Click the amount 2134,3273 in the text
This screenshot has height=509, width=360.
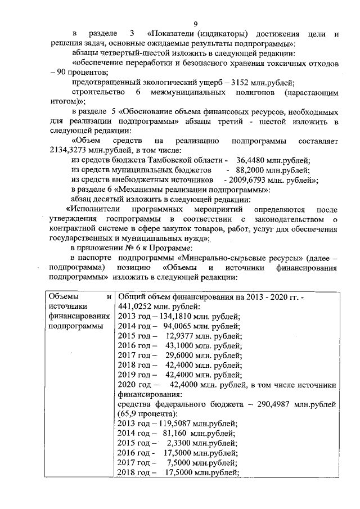[x=66, y=150]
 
